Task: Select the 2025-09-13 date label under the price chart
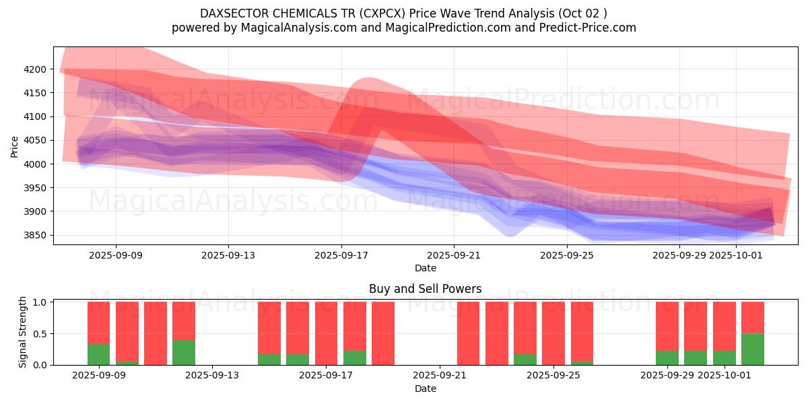228,255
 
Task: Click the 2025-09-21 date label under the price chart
454,255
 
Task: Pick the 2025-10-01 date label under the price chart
737,255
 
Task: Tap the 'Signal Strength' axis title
23,331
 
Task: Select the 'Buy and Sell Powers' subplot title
425,289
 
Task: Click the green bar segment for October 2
753,349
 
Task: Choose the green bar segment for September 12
184,352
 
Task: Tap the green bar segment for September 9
99,354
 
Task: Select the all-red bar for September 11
156,333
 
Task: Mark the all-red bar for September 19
383,333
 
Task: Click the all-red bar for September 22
469,333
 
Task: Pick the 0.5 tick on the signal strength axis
40,333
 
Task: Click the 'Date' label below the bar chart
425,389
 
